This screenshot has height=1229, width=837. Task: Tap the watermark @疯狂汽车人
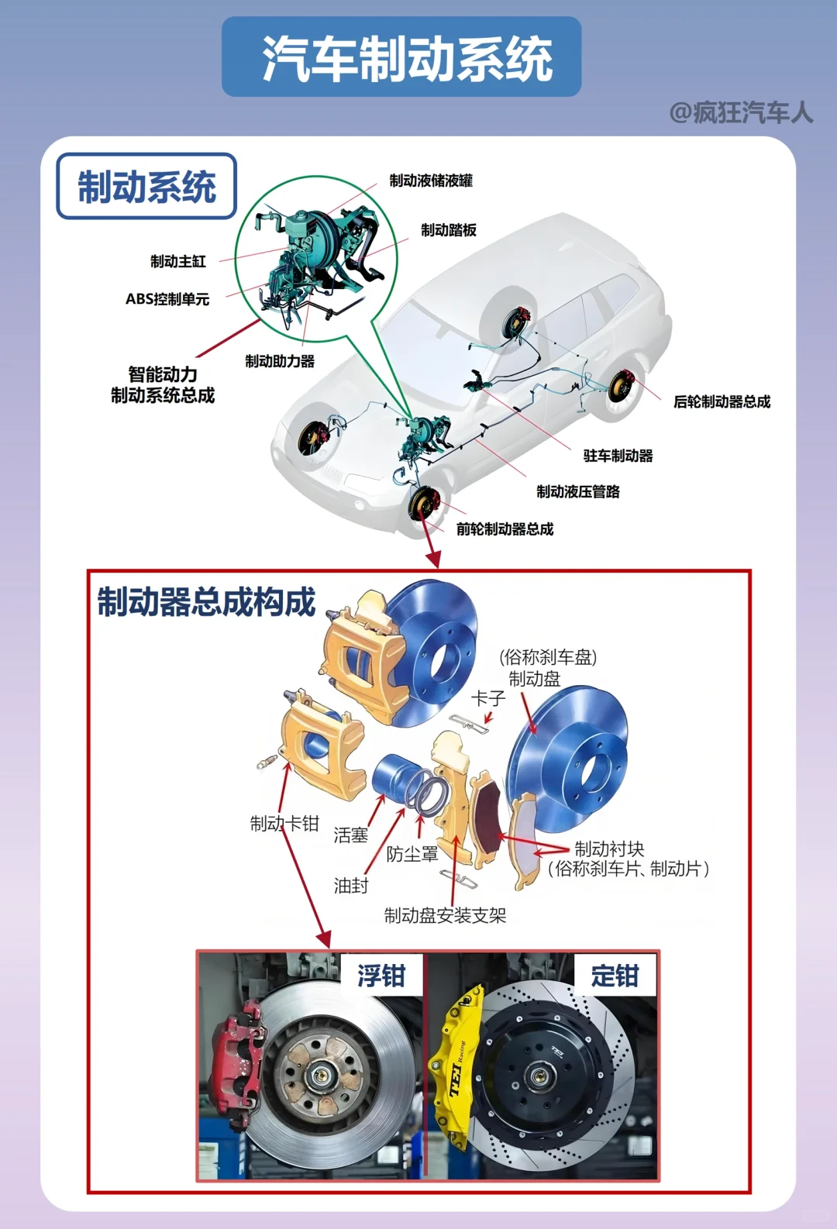(741, 113)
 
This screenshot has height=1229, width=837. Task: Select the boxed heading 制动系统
(146, 187)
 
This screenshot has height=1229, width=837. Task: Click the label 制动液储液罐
(431, 181)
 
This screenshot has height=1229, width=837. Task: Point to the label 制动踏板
(449, 230)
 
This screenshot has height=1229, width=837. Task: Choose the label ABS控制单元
(167, 299)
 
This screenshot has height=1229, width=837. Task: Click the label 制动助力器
(280, 361)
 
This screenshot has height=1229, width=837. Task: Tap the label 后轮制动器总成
(722, 401)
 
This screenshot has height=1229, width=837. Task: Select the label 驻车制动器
(618, 456)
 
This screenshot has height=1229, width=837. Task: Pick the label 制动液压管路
(578, 491)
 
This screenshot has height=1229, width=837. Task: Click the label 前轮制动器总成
(505, 529)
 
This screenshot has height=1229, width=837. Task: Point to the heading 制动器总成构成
(206, 602)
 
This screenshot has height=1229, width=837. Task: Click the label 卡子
(488, 698)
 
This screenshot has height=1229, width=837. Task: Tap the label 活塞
(350, 835)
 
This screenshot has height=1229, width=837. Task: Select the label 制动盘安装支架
(445, 915)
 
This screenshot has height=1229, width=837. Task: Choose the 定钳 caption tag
(615, 976)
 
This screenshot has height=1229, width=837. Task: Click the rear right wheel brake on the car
(622, 385)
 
